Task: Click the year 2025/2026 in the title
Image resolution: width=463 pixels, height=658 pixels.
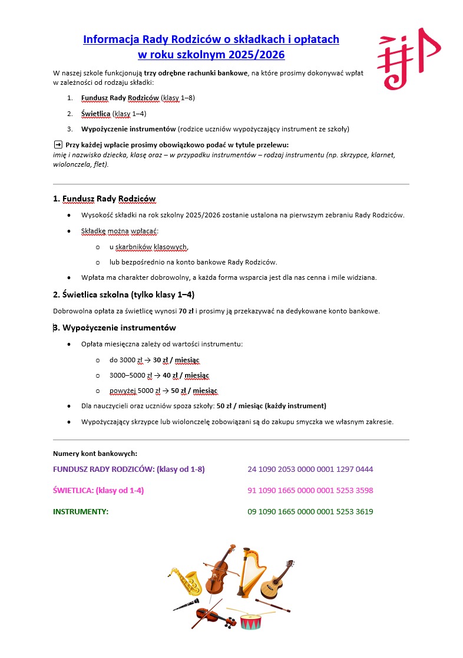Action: [x=256, y=55]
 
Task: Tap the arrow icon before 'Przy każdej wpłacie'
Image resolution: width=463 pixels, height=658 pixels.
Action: [x=58, y=144]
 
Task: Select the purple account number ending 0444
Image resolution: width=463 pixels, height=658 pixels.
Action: [x=310, y=469]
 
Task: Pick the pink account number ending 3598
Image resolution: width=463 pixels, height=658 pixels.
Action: [x=310, y=491]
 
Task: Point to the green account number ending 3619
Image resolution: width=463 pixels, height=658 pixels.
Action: [x=310, y=512]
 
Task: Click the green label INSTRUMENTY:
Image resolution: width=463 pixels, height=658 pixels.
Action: [x=81, y=512]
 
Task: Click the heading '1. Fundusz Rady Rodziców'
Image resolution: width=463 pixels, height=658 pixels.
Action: [x=104, y=199]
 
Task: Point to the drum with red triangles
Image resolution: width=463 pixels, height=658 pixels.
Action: [x=251, y=621]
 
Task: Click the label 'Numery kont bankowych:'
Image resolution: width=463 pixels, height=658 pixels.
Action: [x=95, y=454]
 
